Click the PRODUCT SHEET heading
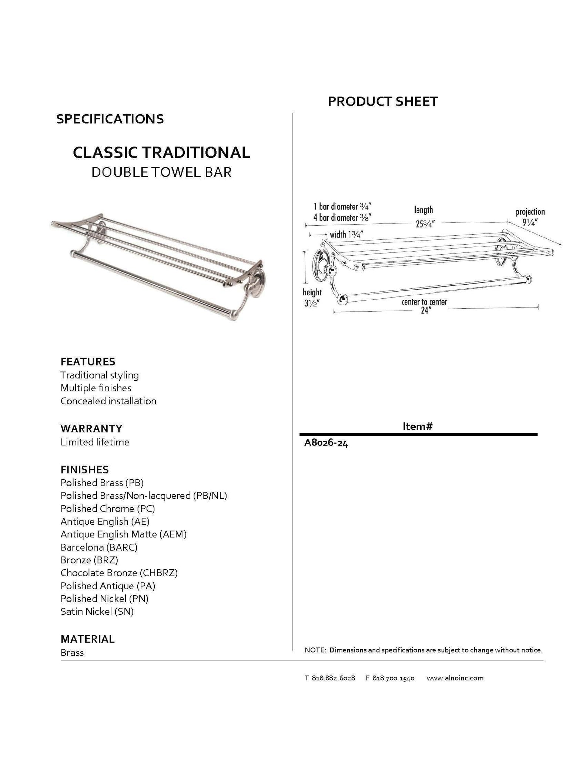point(382,101)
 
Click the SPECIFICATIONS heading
point(110,119)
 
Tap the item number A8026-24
point(326,443)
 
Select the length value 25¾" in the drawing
point(425,224)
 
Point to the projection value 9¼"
point(530,222)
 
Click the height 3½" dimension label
point(312,298)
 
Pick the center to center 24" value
point(425,311)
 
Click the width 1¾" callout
point(346,235)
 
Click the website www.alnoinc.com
point(455,678)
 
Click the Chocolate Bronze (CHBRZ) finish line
point(119,573)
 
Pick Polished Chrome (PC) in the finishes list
point(108,508)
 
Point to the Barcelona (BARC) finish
point(99,547)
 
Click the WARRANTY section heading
point(91,428)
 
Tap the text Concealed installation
point(108,401)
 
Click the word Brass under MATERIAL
point(72,653)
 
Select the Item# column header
point(418,427)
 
